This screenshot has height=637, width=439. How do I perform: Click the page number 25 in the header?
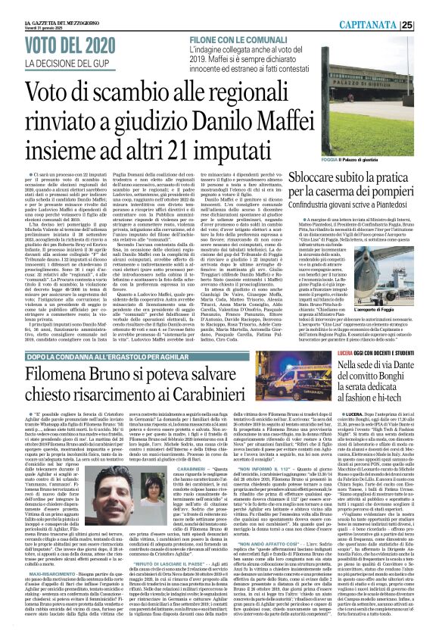click(x=427, y=8)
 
